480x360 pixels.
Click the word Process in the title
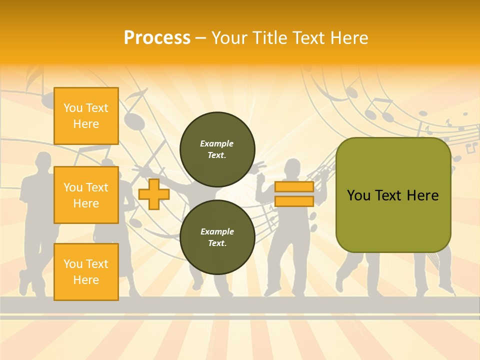tap(157, 38)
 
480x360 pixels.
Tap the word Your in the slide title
tap(230, 38)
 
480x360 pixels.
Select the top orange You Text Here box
tap(86, 116)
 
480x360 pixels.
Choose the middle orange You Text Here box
tap(86, 195)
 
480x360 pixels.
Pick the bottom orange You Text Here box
tap(86, 271)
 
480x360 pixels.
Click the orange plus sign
tap(153, 194)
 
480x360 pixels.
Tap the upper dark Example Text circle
tap(217, 149)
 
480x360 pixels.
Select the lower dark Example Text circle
tap(217, 237)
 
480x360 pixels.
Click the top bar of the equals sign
tap(294, 187)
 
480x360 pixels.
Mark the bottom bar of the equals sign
tap(294, 201)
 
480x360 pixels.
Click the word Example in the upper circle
tap(217, 143)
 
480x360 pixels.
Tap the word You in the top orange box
tap(73, 108)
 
